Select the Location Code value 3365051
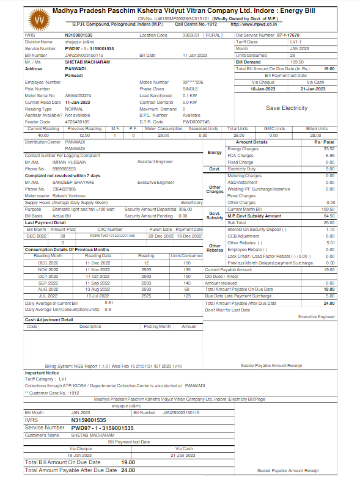191,35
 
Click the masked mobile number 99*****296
193,82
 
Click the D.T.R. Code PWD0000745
196,122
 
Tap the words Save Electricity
286,108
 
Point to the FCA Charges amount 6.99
330,155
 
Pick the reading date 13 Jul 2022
98,296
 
